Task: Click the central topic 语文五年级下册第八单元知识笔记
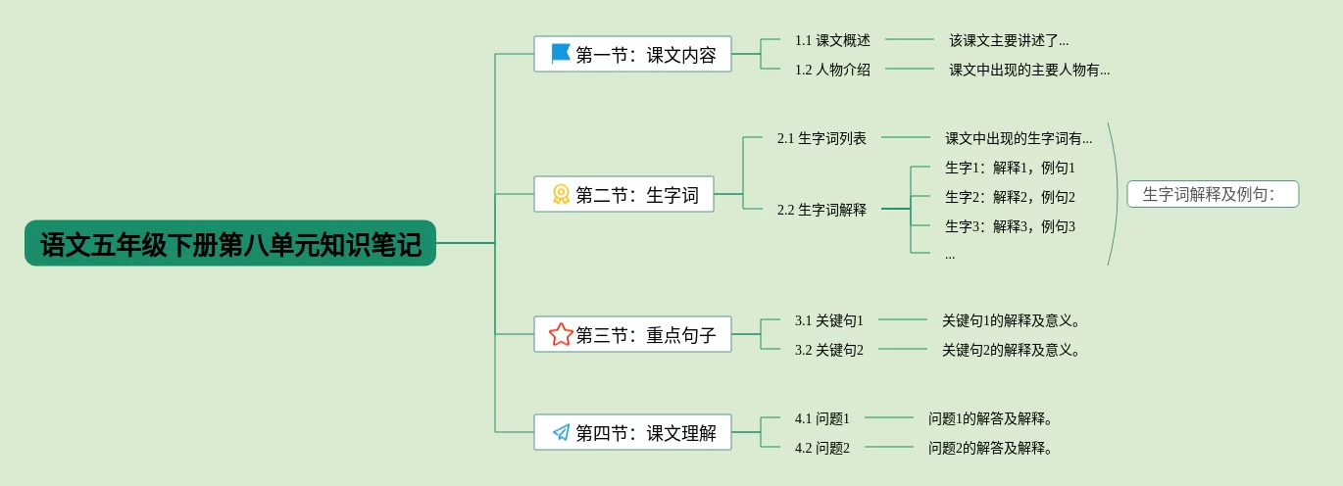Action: [x=230, y=243]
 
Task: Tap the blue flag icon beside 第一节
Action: [x=561, y=54]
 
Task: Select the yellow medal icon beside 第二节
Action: [x=561, y=195]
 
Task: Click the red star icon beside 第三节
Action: [x=561, y=335]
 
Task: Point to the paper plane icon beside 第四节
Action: [x=561, y=432]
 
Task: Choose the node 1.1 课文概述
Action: [x=832, y=40]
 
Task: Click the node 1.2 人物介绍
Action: [x=832, y=70]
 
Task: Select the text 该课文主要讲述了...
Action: [x=1009, y=40]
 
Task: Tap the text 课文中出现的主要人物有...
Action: [x=1029, y=70]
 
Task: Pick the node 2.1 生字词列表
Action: [x=821, y=138]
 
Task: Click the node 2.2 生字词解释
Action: [x=821, y=209]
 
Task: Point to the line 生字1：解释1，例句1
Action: [x=1010, y=168]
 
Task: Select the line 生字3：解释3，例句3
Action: [x=1010, y=226]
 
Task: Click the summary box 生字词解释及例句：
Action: [x=1213, y=194]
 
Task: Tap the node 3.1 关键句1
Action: [x=829, y=320]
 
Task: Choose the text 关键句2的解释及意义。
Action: [x=1011, y=350]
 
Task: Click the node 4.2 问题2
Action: [x=822, y=448]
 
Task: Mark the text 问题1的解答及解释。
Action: [x=990, y=418]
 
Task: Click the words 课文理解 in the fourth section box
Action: [x=681, y=433]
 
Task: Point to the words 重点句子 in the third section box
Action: [x=681, y=335]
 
